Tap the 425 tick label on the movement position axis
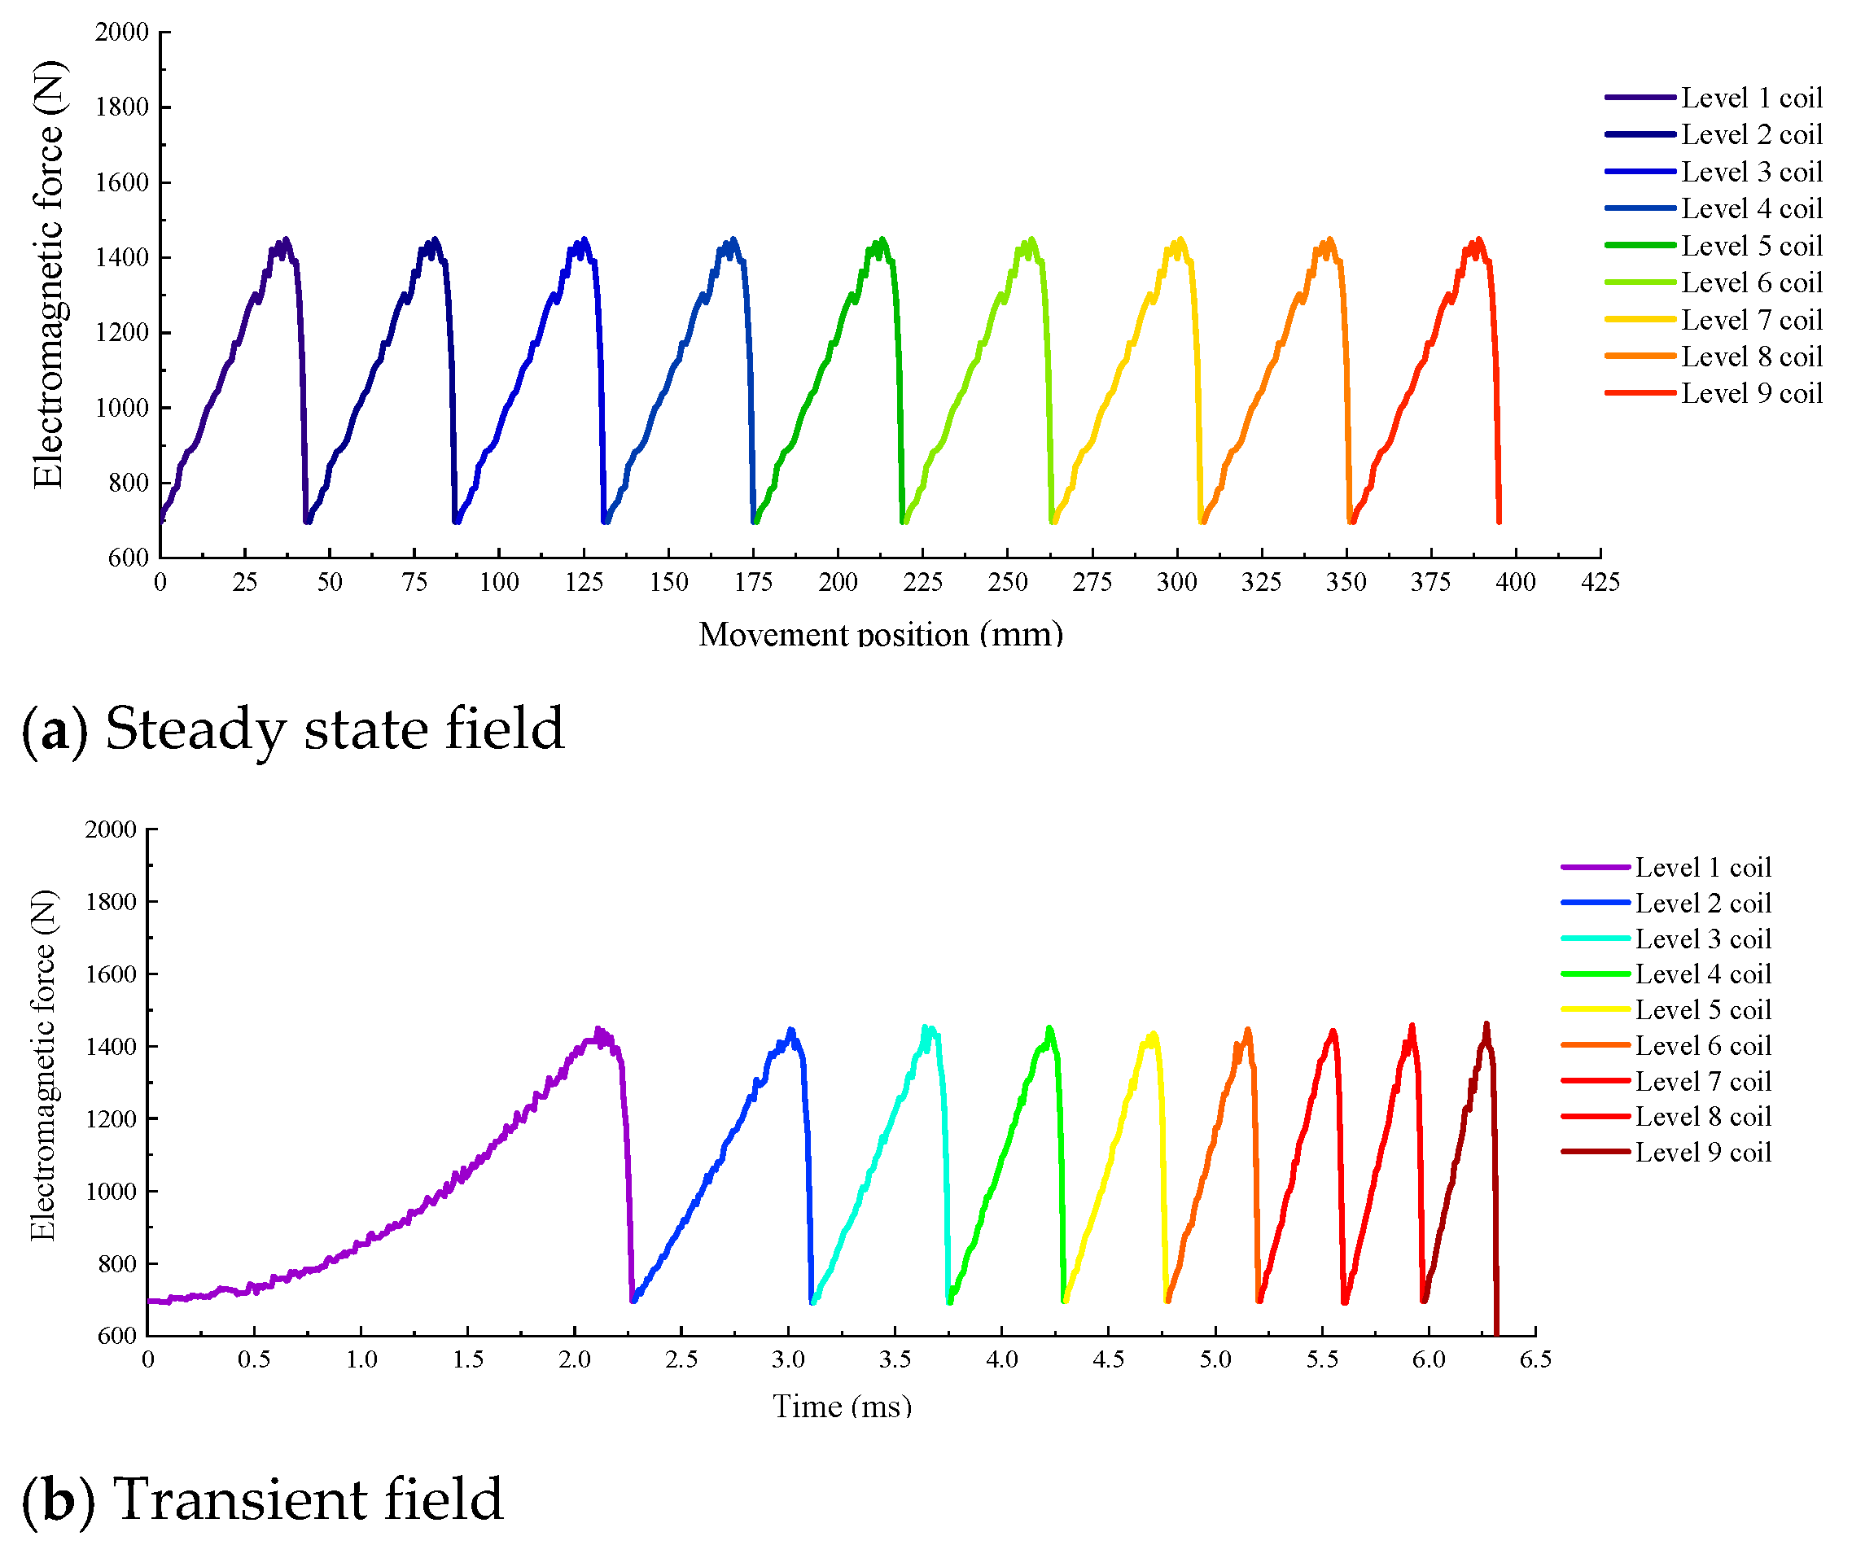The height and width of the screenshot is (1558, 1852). [1600, 582]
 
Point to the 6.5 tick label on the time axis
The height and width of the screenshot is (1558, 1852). [1535, 1359]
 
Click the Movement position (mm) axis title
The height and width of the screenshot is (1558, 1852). [881, 634]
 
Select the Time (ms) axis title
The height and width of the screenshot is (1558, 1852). [842, 1406]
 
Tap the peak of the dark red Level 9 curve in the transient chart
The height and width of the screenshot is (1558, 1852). [1486, 1026]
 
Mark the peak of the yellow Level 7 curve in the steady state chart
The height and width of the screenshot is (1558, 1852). [1180, 240]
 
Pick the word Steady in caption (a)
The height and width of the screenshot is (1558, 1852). [195, 729]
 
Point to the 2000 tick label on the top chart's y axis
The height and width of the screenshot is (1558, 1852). [122, 33]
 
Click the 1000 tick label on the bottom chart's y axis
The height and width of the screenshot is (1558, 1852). [111, 1192]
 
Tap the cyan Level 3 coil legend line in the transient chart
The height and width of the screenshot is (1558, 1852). [1595, 939]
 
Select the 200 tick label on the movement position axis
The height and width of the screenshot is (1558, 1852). [837, 582]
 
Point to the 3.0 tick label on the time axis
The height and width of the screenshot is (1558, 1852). [788, 1359]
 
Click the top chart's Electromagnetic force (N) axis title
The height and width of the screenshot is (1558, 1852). [49, 274]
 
